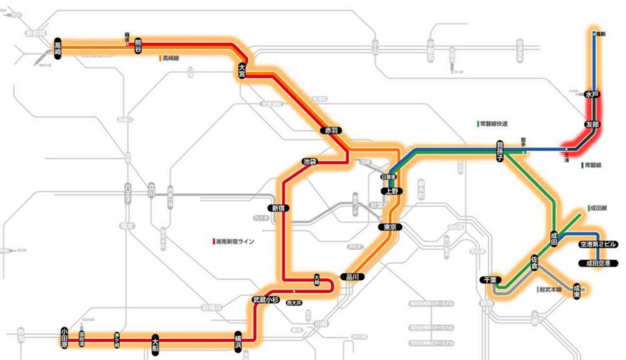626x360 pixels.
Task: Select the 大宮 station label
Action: click(242, 69)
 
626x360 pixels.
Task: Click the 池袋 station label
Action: click(309, 161)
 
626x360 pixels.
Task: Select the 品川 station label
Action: click(351, 276)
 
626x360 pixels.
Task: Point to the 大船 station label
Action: click(156, 344)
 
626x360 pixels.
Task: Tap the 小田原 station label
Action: click(64, 337)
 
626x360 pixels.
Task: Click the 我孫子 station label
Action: click(500, 150)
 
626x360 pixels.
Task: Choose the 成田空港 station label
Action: click(598, 263)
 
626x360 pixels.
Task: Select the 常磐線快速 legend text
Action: click(495, 124)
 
